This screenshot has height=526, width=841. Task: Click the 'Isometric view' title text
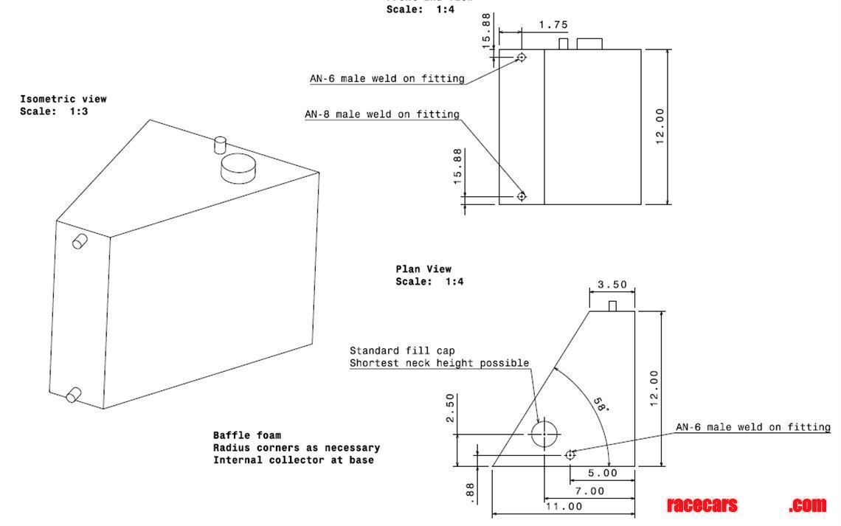click(x=63, y=99)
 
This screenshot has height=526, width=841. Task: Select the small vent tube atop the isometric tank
click(x=219, y=143)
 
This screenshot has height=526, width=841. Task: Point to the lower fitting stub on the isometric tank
click(x=74, y=395)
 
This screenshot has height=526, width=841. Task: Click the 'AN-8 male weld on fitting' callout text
click(x=382, y=114)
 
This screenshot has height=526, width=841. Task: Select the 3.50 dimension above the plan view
click(x=612, y=284)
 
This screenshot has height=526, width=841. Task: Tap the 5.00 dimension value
click(x=602, y=473)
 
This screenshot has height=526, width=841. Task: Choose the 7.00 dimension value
click(x=589, y=491)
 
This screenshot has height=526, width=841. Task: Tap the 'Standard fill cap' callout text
click(x=397, y=350)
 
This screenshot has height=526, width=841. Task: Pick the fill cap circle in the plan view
click(x=544, y=435)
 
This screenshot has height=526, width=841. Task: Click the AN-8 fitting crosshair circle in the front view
click(x=522, y=196)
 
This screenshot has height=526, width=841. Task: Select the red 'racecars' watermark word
click(x=702, y=505)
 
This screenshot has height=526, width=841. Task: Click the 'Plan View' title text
click(x=423, y=269)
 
